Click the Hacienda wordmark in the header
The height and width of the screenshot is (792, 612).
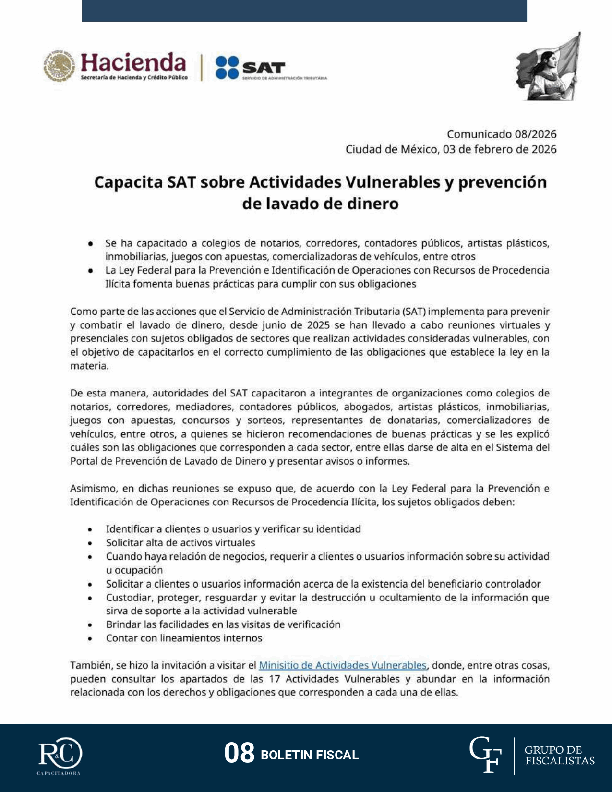pyautogui.click(x=133, y=62)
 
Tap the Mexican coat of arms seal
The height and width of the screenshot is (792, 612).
pyautogui.click(x=60, y=66)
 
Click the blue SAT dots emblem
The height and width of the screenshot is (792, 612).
pyautogui.click(x=227, y=67)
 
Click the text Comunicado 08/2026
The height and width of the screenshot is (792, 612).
pyautogui.click(x=502, y=134)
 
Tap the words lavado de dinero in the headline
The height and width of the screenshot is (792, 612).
pyautogui.click(x=320, y=204)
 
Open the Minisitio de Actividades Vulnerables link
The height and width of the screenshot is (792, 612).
pyautogui.click(x=342, y=665)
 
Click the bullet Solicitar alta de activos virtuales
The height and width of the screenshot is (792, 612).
pyautogui.click(x=180, y=542)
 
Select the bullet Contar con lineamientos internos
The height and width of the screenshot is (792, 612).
pyautogui.click(x=184, y=638)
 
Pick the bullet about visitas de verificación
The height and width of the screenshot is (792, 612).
pyautogui.click(x=223, y=624)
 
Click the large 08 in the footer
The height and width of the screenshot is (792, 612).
pyautogui.click(x=239, y=753)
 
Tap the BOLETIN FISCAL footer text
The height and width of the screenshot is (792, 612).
pyautogui.click(x=310, y=755)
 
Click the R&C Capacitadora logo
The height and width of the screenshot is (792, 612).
pyautogui.click(x=60, y=755)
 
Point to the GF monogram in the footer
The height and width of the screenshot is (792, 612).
pyautogui.click(x=485, y=755)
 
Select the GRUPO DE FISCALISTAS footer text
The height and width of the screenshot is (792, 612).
pyautogui.click(x=559, y=755)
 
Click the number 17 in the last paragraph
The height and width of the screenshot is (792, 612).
pyautogui.click(x=275, y=679)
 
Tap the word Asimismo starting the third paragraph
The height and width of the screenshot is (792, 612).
pyautogui.click(x=94, y=488)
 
